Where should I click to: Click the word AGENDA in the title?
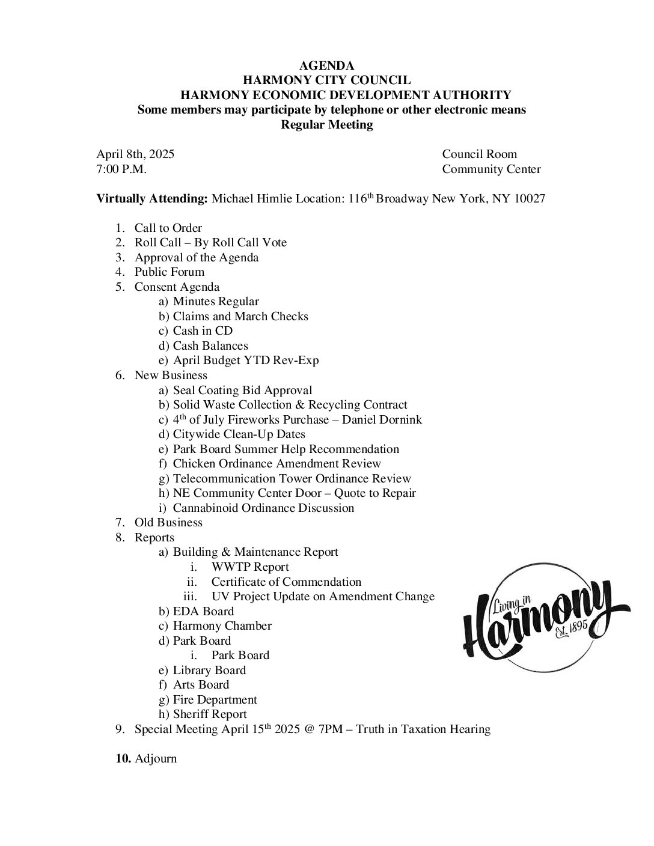[326, 65]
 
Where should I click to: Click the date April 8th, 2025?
[135, 154]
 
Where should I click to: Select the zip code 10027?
[530, 199]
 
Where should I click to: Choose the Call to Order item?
[168, 228]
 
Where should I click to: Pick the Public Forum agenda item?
[169, 272]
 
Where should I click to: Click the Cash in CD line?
[202, 331]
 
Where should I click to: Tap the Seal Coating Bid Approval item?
[242, 391]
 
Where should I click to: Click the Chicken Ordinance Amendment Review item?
[277, 464]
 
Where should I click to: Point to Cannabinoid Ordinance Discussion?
[263, 508]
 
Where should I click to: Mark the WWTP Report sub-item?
[249, 567]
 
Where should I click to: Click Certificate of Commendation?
[286, 582]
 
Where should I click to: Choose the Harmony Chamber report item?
[222, 626]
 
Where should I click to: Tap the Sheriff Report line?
[209, 714]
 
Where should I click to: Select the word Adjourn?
[156, 759]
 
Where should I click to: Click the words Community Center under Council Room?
[491, 169]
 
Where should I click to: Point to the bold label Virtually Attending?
[152, 199]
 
